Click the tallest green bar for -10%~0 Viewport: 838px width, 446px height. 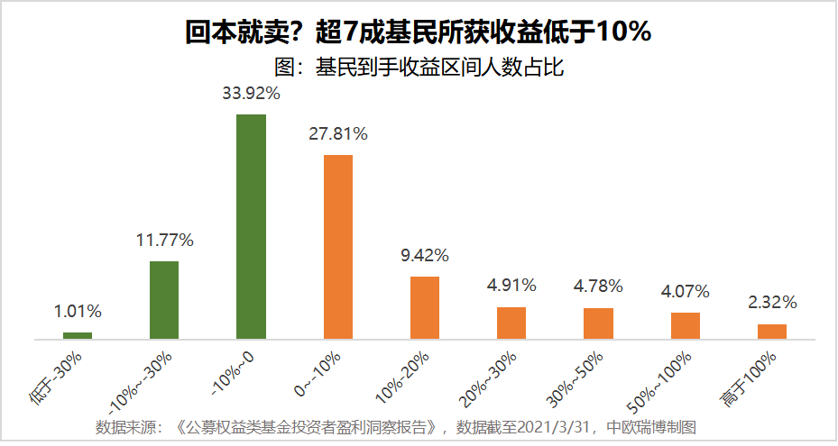coord(251,226)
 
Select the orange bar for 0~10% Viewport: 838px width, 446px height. coord(337,247)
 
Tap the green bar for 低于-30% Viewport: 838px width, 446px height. coord(78,335)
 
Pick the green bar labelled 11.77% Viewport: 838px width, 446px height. coord(164,300)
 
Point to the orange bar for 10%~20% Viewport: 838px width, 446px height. coord(424,307)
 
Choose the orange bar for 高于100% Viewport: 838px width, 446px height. coord(771,332)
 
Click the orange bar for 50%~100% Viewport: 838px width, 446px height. coord(685,325)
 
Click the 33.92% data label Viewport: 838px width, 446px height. coord(251,93)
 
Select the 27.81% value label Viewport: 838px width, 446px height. coord(337,134)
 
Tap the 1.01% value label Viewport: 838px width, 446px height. coord(78,312)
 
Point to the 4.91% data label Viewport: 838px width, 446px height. coord(511,286)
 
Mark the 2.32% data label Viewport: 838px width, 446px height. coord(771,303)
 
